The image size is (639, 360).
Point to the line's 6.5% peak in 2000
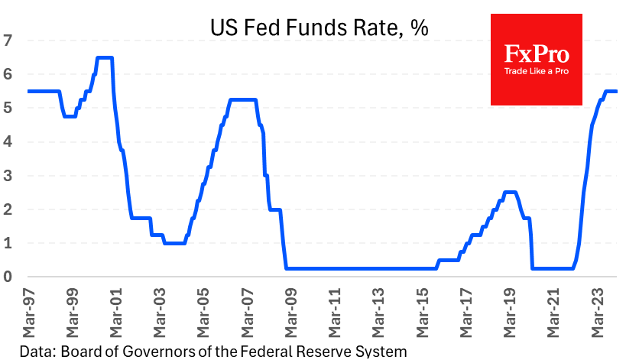[x=105, y=57]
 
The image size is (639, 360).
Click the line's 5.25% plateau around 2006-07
[x=243, y=99]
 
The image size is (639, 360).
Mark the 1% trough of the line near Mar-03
[x=174, y=243]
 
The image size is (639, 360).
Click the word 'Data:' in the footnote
[x=36, y=352]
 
